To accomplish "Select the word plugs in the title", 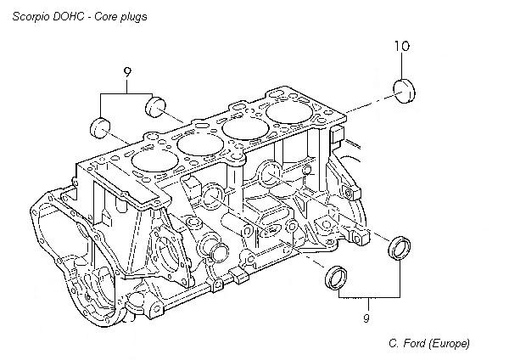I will coord(133,15).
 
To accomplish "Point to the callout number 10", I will coord(402,48).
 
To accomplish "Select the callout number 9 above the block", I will coord(126,73).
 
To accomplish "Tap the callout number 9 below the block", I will coord(367,318).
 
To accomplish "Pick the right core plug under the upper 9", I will coord(154,105).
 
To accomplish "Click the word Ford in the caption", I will coord(417,343).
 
